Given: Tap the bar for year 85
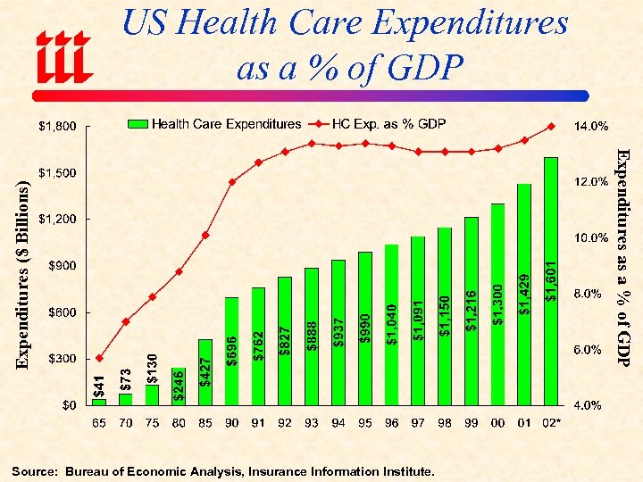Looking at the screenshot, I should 205,372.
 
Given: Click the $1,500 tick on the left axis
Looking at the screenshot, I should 56,172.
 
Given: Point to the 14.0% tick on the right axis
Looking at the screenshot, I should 590,125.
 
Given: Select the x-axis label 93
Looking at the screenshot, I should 311,423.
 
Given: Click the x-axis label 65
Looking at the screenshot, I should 99,423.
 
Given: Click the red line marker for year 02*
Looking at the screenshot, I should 551,126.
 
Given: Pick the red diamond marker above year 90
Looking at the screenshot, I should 231,182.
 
